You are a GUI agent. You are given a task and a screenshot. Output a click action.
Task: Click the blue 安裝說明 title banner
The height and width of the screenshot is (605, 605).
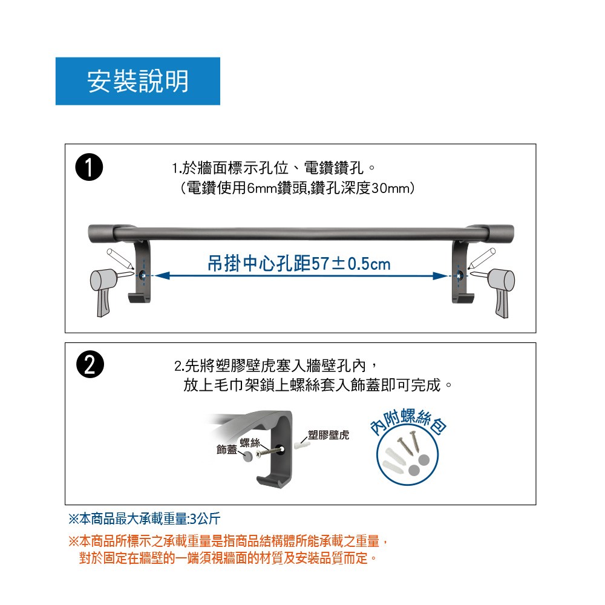(138, 81)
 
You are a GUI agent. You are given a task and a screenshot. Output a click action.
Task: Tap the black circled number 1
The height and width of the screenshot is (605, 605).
(89, 167)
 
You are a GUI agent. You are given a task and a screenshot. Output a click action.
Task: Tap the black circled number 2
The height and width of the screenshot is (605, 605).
(90, 364)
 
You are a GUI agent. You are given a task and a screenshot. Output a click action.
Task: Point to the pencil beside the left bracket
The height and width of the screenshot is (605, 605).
(120, 258)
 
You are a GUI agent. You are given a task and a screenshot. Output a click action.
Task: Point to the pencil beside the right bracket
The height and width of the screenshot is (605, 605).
(482, 258)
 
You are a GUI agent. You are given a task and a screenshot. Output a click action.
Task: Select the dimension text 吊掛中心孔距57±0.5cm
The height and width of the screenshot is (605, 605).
(299, 264)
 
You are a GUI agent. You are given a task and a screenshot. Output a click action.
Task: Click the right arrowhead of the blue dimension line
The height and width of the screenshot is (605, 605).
(440, 276)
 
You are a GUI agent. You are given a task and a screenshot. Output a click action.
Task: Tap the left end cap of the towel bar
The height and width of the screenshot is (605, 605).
(101, 233)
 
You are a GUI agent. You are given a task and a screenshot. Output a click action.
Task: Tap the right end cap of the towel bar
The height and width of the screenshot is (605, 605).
(501, 233)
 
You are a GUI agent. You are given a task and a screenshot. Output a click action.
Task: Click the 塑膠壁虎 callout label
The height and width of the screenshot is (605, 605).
(329, 435)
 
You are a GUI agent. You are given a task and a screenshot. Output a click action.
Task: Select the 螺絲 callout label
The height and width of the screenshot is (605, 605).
(250, 443)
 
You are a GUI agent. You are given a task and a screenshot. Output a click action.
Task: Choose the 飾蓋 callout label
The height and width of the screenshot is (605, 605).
(227, 450)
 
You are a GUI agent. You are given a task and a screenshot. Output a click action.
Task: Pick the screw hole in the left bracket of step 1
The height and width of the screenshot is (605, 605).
(143, 275)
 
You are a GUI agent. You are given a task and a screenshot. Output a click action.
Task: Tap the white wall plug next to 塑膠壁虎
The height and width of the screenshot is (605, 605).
(302, 445)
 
